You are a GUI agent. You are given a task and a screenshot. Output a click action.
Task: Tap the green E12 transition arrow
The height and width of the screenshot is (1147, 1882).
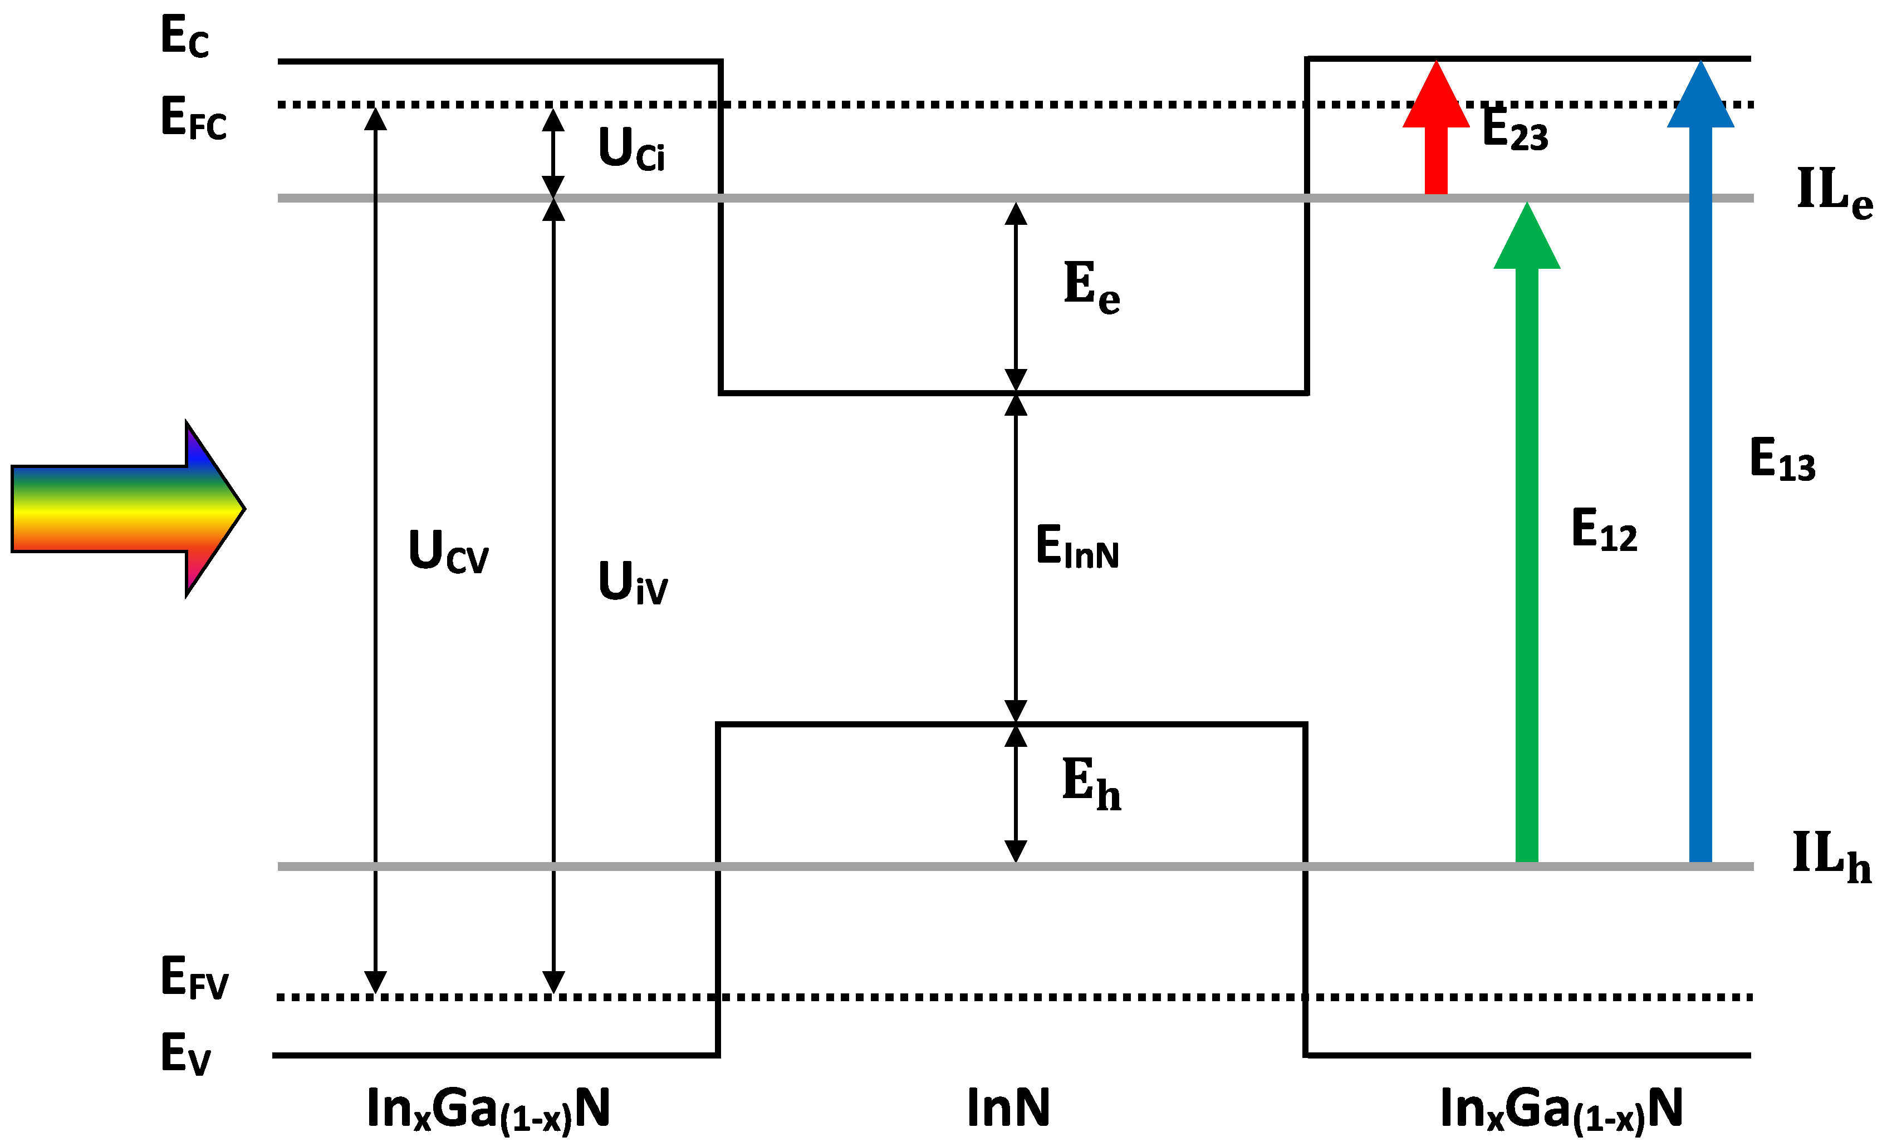(x=1526, y=535)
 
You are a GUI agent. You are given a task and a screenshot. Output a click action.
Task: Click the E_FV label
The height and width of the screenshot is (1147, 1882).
(x=194, y=977)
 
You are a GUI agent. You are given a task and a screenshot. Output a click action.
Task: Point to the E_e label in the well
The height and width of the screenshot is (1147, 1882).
(x=1091, y=287)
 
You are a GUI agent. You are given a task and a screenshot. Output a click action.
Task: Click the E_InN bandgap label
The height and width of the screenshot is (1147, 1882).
(x=1077, y=546)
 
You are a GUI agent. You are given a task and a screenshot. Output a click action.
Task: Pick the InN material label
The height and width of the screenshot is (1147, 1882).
(x=1008, y=1107)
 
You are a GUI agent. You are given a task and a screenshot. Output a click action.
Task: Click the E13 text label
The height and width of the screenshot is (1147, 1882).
(x=1782, y=459)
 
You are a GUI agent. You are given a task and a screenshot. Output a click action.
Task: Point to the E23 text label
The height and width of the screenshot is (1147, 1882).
(x=1515, y=129)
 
